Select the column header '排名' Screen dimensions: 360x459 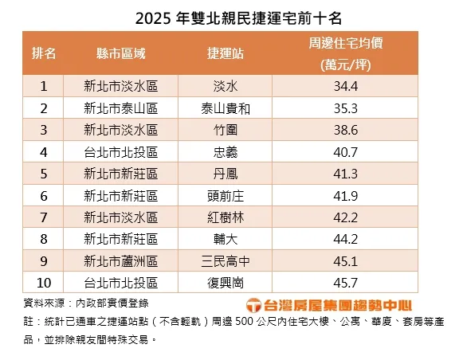44,53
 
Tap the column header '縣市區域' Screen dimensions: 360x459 120,53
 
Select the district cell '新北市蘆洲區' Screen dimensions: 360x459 120,260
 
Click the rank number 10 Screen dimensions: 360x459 44,282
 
